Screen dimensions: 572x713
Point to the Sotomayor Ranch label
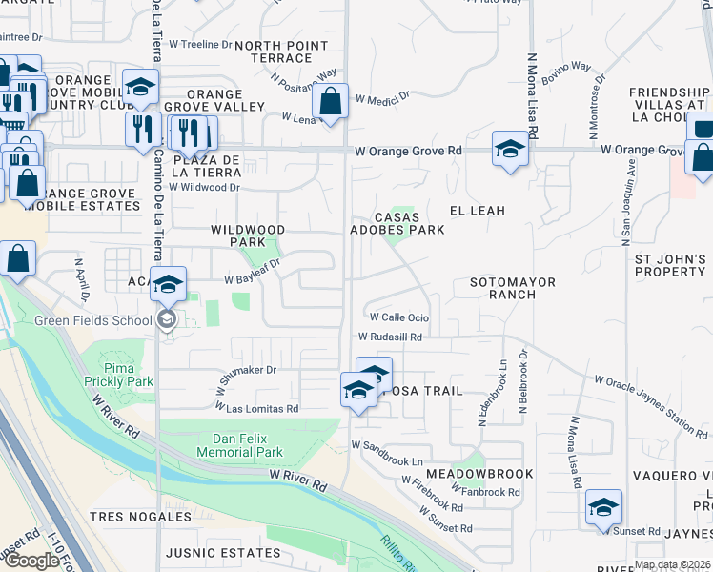[x=516, y=289]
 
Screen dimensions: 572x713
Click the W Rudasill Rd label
[x=390, y=337]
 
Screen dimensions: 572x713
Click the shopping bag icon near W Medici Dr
[x=330, y=101]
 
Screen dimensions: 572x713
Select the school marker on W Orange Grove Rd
[x=510, y=150]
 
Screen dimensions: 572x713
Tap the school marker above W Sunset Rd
[x=603, y=506]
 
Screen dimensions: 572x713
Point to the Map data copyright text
[x=672, y=564]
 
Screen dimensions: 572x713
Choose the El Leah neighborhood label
[x=477, y=210]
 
